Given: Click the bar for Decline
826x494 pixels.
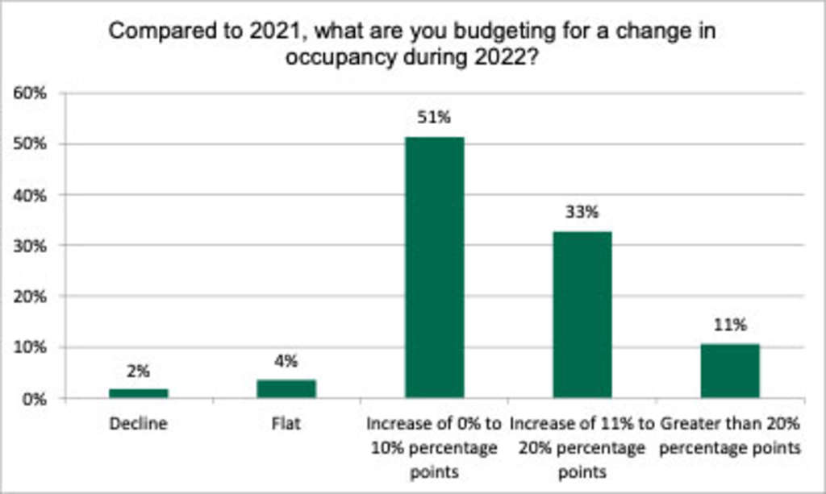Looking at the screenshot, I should [x=139, y=392].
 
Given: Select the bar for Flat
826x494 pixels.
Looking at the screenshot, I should [x=286, y=388].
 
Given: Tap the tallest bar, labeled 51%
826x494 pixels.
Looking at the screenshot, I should [x=434, y=267].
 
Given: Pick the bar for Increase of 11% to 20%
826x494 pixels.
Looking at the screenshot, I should [x=582, y=313].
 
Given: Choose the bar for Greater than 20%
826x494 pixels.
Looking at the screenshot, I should [x=730, y=370].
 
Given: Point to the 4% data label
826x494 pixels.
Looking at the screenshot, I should [x=286, y=361].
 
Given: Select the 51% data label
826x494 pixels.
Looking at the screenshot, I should [x=434, y=118].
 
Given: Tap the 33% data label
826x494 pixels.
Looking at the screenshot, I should [x=582, y=213].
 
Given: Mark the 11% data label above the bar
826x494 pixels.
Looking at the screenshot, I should [x=730, y=326].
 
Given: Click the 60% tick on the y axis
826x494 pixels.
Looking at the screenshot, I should [x=31, y=93].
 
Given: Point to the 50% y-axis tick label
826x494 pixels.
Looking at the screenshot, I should [x=31, y=144].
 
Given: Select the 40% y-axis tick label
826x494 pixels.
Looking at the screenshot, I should [x=31, y=195].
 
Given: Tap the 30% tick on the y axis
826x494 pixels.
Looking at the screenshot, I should [x=31, y=246].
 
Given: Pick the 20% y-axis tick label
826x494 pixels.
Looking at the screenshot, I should [x=31, y=297].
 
